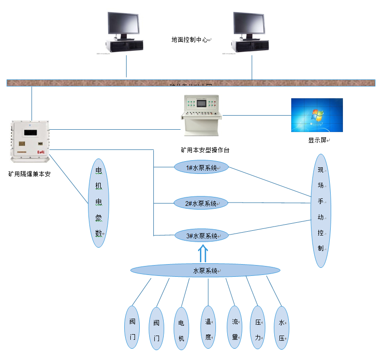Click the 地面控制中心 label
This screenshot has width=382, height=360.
pos(190,40)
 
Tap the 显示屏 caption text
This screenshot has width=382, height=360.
pos(317,140)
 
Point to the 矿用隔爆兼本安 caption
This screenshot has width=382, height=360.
pos(29,174)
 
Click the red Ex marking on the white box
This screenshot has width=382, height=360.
pos(40,152)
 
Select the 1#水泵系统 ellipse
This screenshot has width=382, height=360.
pos(201,167)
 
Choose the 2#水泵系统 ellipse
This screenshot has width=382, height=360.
pos(201,203)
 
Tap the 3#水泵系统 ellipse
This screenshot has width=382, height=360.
pos(201,236)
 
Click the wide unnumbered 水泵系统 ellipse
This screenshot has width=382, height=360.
pos(205,271)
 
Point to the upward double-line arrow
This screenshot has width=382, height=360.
pos(203,253)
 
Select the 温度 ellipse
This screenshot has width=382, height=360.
pos(207,327)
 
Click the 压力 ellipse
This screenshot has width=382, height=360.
pos(257,327)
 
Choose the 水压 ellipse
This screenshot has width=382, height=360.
pos(281,328)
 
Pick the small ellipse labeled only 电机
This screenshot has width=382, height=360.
pos(182,328)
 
